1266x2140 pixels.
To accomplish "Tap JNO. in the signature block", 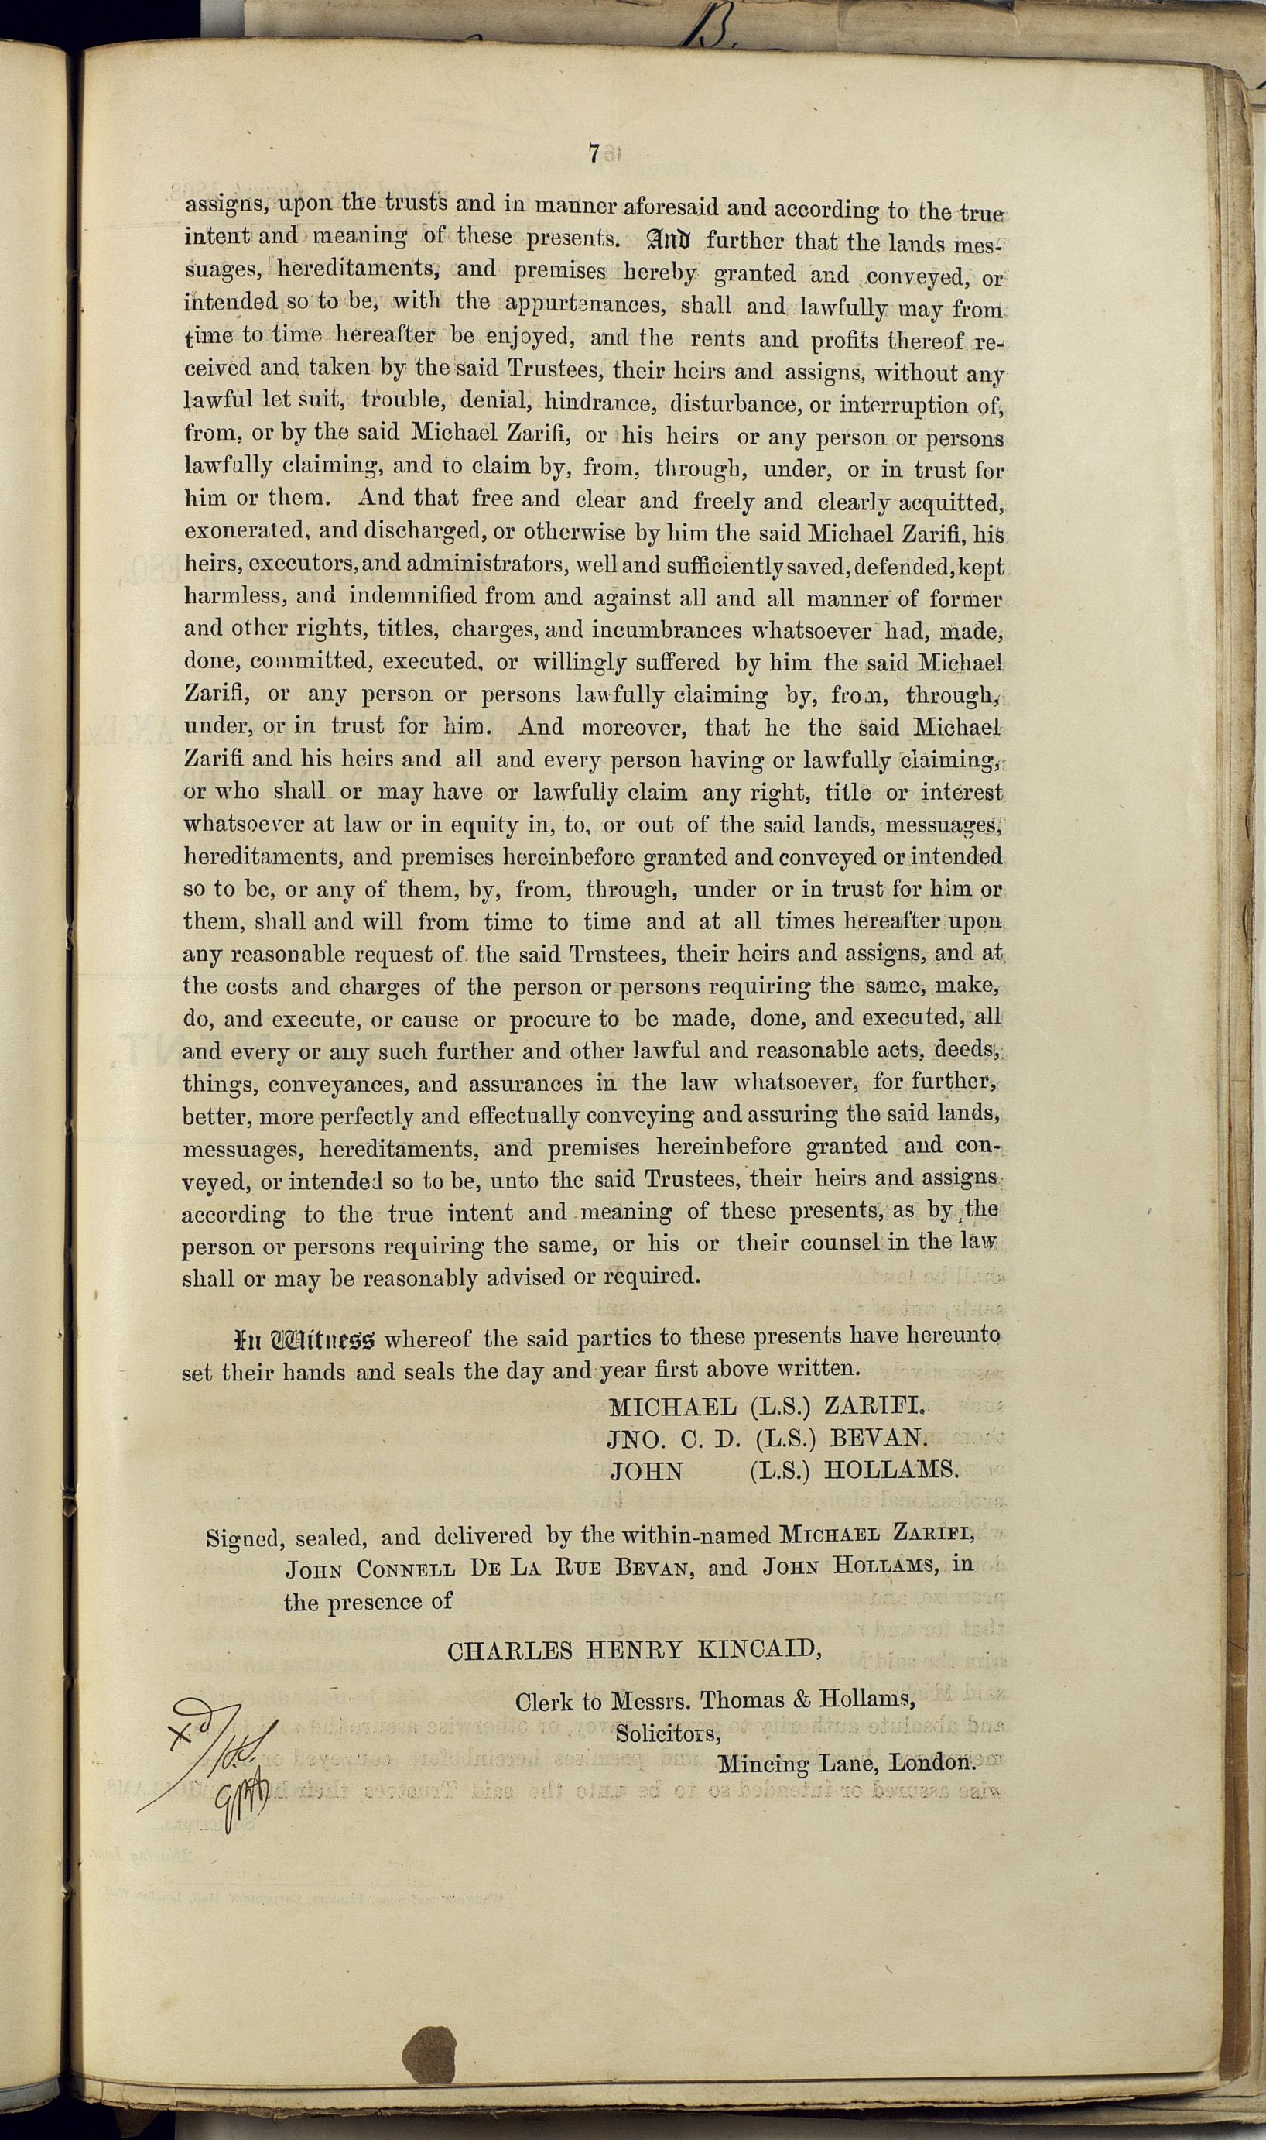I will (x=635, y=1439).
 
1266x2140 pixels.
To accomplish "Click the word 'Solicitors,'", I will (x=668, y=1733).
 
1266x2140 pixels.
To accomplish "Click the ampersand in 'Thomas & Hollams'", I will (x=801, y=1699).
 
